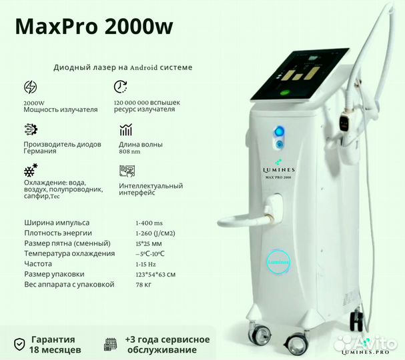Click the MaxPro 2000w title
94,26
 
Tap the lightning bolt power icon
30,87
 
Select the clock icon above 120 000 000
121,87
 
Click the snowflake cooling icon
31,170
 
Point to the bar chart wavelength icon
126,129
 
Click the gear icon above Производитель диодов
31,129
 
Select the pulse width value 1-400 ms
149,223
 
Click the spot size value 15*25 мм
149,243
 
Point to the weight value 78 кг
143,285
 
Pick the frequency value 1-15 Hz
145,264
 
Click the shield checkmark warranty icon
19,344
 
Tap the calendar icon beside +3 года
110,344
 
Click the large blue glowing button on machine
279,132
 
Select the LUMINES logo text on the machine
279,170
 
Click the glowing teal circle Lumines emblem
279,262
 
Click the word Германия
40,151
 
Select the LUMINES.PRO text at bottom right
365,352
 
